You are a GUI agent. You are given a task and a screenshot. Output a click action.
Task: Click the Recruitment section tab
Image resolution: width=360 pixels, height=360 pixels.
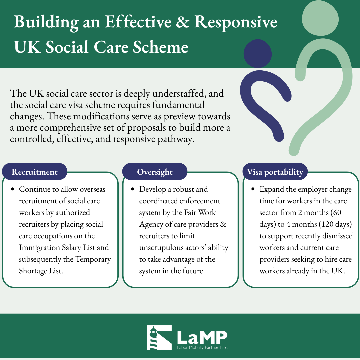coord(34,172)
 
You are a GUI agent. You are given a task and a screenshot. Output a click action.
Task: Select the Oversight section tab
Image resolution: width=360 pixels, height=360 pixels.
coord(155,172)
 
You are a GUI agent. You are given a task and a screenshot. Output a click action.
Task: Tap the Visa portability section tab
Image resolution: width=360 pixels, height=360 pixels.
coord(275,172)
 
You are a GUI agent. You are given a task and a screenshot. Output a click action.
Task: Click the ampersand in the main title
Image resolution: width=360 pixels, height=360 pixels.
coord(183,22)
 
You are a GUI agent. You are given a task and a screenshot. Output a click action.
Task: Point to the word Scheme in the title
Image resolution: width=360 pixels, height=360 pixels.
coord(160,47)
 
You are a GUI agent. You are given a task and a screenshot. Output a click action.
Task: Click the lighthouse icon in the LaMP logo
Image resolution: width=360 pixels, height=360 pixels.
coord(159,337)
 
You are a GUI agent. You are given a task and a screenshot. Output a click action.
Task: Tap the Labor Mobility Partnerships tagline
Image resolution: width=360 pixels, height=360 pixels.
coord(202,347)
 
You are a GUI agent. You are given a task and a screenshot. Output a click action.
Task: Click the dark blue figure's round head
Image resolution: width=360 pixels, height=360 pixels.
coord(258,53)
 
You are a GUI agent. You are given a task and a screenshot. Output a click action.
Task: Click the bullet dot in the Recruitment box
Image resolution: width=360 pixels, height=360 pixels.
coord(13,189)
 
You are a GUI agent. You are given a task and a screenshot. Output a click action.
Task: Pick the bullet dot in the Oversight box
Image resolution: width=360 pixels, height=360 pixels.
coord(133,189)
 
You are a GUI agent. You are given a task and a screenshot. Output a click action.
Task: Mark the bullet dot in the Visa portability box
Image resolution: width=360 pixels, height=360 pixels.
coord(253,189)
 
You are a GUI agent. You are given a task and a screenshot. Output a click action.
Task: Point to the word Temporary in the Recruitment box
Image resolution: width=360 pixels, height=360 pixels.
coord(93,259)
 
